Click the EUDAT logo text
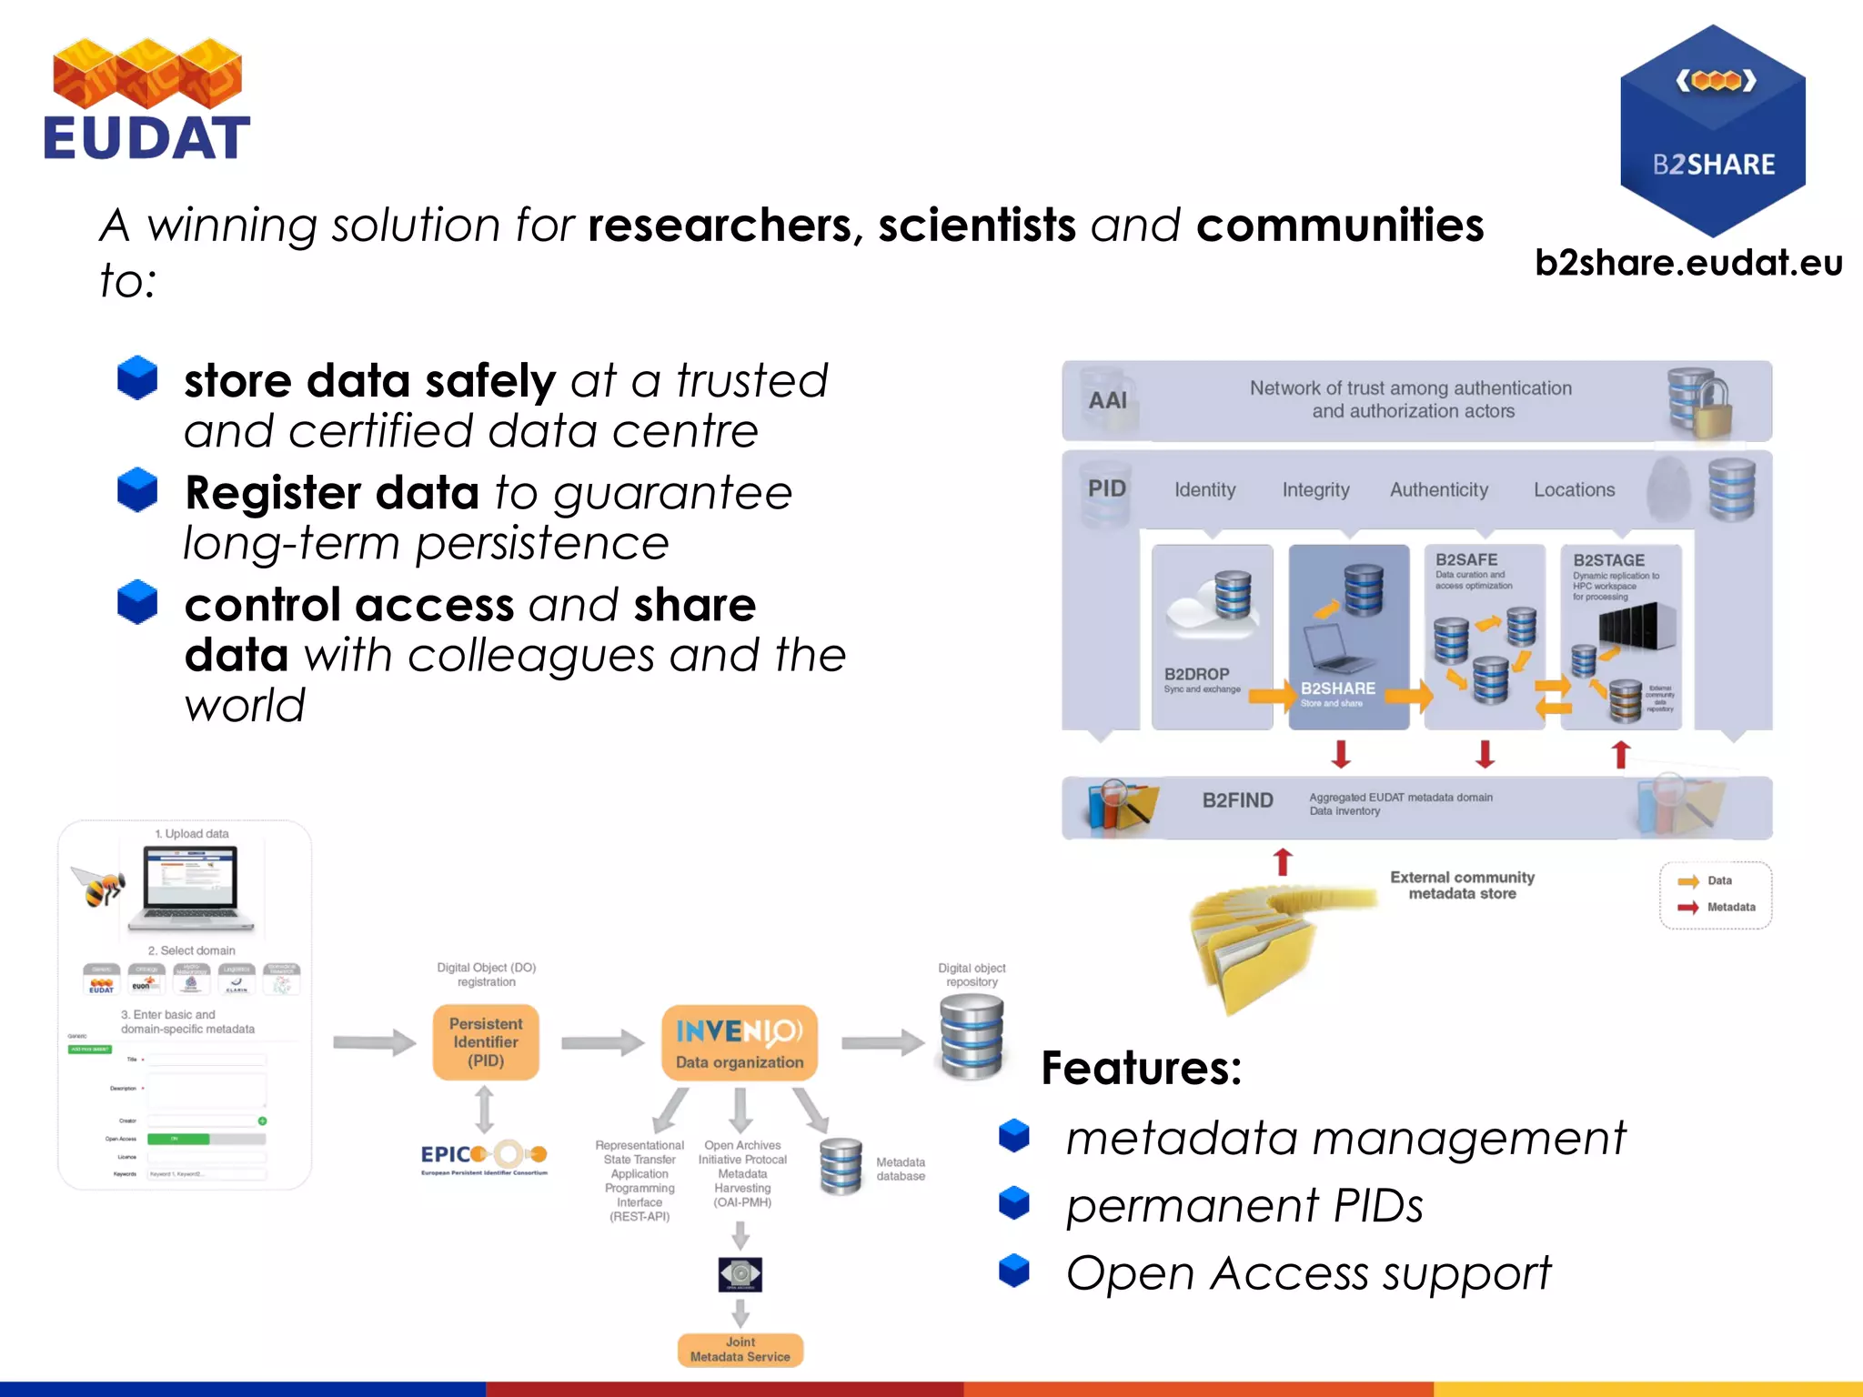[146, 138]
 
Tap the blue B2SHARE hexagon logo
[1712, 130]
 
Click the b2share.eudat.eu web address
[1688, 263]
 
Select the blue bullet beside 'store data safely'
[137, 378]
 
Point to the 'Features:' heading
[1141, 1068]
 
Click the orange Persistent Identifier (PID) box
[486, 1042]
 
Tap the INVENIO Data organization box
[739, 1043]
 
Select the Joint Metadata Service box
[740, 1350]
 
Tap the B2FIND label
[1237, 800]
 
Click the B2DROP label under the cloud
[1196, 674]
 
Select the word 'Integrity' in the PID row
[1315, 490]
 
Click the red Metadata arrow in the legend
[1688, 908]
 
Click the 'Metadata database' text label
[900, 1170]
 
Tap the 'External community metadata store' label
[1462, 886]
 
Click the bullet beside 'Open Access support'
[1014, 1271]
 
